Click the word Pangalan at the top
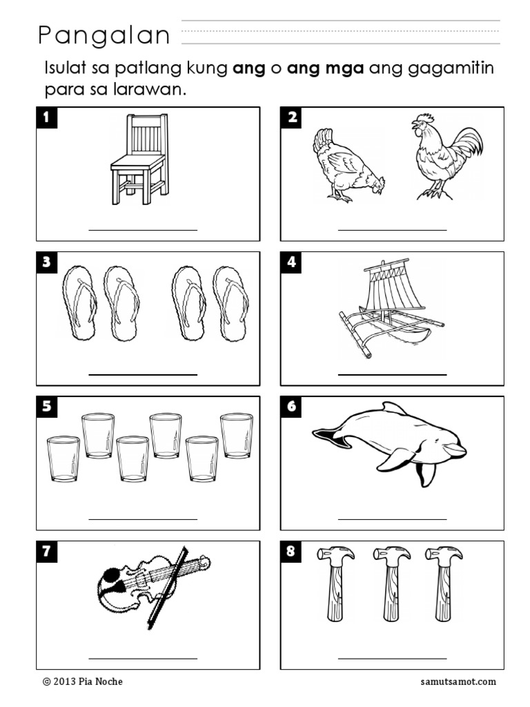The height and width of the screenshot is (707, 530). click(x=104, y=36)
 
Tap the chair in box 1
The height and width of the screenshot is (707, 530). click(x=139, y=159)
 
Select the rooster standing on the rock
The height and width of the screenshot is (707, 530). click(x=446, y=156)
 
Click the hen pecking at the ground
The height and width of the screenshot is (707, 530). click(x=348, y=165)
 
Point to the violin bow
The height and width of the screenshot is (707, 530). click(x=167, y=587)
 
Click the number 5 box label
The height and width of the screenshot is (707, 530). click(x=47, y=407)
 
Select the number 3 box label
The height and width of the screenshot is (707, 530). click(x=47, y=262)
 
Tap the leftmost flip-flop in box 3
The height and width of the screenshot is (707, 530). click(x=80, y=302)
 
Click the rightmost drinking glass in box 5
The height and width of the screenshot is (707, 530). click(x=237, y=436)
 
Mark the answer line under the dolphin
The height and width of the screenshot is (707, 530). click(x=392, y=519)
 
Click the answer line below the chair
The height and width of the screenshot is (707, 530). click(x=143, y=230)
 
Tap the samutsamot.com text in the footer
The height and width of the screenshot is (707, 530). click(x=458, y=681)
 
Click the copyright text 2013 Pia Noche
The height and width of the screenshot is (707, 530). click(x=83, y=681)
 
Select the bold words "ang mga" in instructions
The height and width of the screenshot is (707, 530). click(x=326, y=69)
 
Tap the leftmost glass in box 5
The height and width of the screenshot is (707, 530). click(x=63, y=458)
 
